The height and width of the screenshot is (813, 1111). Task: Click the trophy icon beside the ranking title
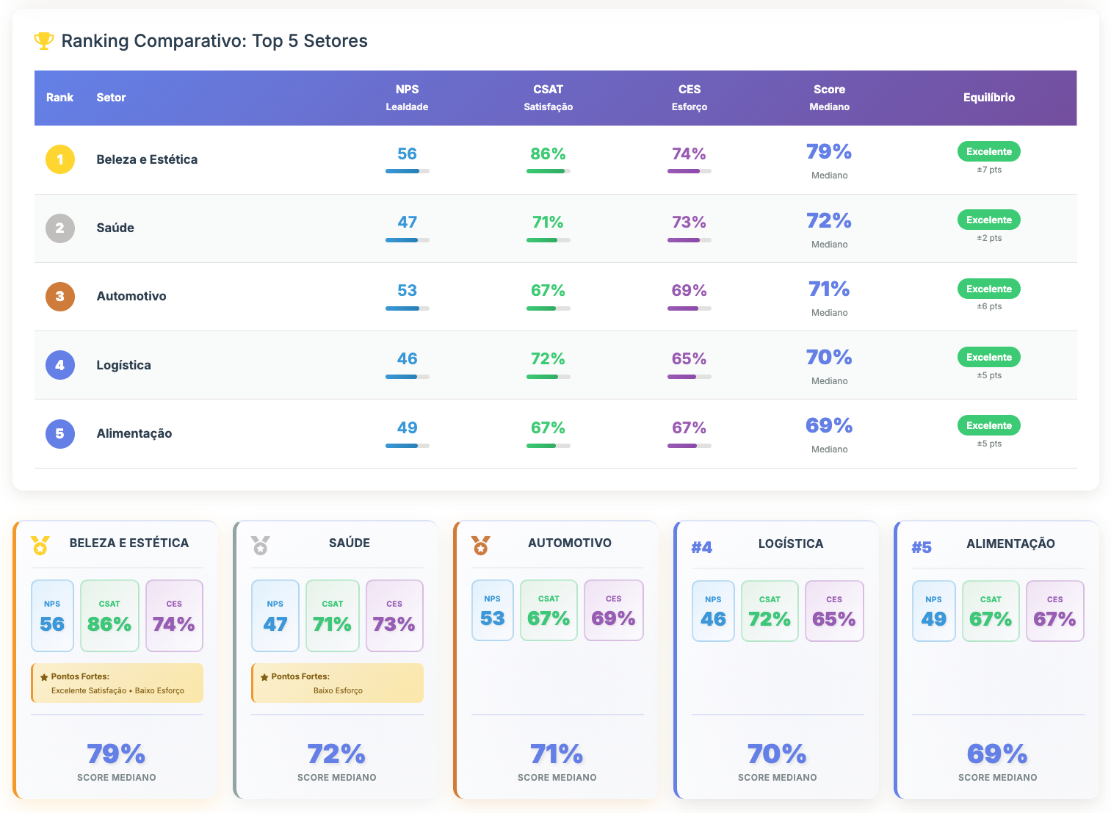[x=44, y=41]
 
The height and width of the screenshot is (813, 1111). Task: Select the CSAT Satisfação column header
[x=548, y=98]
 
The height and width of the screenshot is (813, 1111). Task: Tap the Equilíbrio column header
[x=988, y=98]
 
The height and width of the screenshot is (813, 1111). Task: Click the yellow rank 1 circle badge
[x=60, y=159]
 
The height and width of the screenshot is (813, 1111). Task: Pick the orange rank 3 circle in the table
[x=60, y=297]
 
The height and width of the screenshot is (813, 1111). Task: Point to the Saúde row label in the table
[x=115, y=228]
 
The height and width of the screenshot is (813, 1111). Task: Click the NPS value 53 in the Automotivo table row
[x=407, y=291]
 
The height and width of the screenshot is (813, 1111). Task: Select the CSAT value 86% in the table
[x=548, y=154]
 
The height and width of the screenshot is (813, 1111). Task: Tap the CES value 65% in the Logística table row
[x=689, y=359]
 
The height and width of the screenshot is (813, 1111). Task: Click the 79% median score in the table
[x=829, y=152]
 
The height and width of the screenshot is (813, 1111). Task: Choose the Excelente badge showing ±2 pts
[x=988, y=220]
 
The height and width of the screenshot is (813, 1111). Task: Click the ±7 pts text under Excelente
[x=988, y=170]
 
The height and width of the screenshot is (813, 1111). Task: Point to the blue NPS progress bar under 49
[x=407, y=446]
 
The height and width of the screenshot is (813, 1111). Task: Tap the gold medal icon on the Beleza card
[x=40, y=546]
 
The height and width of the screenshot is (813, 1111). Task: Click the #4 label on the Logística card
[x=701, y=547]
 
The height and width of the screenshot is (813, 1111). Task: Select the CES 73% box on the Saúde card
[x=394, y=615]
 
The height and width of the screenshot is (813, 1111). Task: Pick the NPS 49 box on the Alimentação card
[x=933, y=611]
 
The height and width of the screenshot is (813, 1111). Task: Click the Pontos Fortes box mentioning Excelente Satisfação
[x=117, y=683]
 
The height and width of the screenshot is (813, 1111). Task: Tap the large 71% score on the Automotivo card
[x=557, y=754]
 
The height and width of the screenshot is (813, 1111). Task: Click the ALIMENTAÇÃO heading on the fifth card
[x=1010, y=544]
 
